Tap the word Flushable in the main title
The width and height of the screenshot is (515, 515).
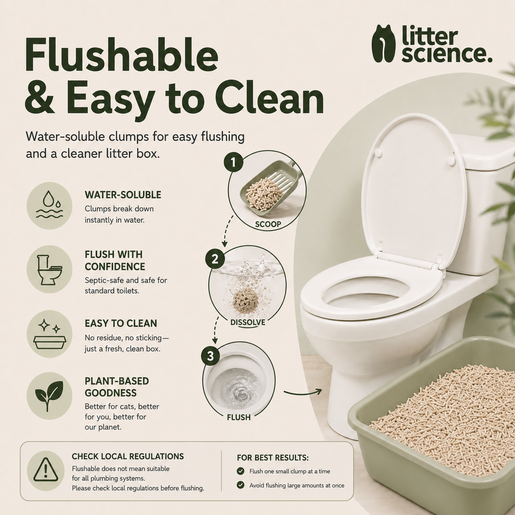pos(121,55)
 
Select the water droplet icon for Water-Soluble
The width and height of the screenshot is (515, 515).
pos(49,205)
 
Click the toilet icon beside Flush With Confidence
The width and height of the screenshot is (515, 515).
pos(49,269)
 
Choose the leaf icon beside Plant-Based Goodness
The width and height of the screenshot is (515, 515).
pos(49,396)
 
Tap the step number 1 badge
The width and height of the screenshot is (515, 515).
pos(233,162)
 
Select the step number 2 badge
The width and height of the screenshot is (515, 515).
pos(215,259)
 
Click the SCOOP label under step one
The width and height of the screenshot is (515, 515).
pos(268,224)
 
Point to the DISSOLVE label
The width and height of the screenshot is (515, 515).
pos(248,322)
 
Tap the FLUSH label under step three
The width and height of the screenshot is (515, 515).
pos(239,418)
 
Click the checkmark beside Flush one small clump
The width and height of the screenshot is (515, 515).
pos(240,471)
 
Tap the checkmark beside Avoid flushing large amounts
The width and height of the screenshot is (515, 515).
pos(240,485)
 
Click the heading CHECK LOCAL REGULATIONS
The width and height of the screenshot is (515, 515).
pos(128,456)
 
